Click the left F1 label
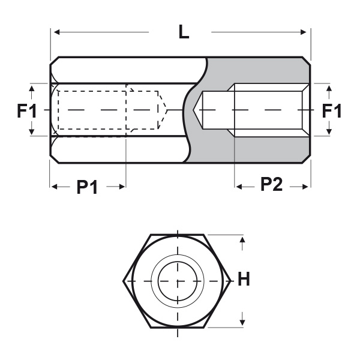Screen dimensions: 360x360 26,111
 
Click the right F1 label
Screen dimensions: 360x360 332,111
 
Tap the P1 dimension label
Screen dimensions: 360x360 88,187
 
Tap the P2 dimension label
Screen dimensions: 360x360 271,187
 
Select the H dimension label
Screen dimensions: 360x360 244,280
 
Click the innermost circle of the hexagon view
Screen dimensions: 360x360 178,280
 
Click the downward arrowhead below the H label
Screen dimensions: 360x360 242,319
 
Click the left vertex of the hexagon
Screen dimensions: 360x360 124,280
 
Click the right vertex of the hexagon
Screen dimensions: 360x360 232,280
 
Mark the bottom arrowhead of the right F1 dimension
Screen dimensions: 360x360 329,131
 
